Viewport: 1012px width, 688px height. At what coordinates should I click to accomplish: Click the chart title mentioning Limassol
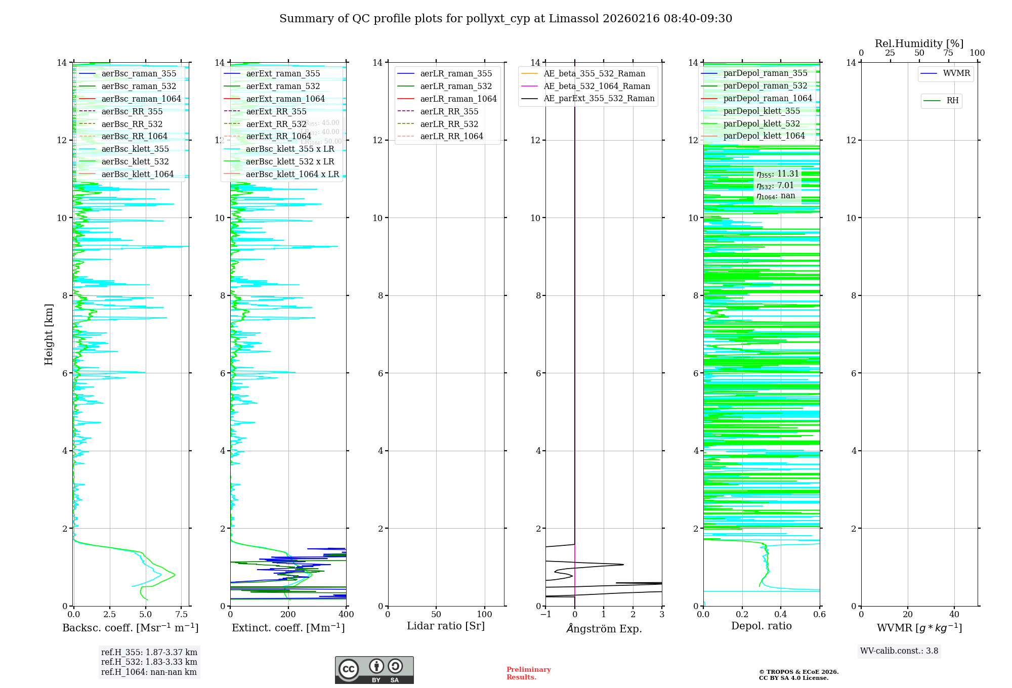[505, 19]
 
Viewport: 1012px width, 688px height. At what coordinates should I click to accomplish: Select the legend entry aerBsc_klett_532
[135, 161]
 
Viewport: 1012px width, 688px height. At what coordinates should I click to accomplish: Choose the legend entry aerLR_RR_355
[449, 111]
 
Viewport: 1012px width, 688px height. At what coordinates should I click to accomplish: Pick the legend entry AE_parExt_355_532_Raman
[599, 99]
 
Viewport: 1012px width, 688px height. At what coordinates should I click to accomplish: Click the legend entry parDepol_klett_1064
[764, 136]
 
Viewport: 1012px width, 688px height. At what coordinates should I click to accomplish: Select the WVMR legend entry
[956, 73]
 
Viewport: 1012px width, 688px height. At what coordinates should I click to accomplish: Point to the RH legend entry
[952, 101]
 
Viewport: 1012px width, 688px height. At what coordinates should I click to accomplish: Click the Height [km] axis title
[49, 334]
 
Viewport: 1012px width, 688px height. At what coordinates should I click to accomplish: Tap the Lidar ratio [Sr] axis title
[446, 626]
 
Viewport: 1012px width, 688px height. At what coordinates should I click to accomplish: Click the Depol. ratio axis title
[761, 626]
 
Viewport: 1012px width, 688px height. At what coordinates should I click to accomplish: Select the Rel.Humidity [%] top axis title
[919, 44]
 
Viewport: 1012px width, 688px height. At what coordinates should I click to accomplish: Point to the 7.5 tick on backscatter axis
[182, 615]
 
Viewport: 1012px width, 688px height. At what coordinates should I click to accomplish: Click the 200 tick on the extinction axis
[288, 615]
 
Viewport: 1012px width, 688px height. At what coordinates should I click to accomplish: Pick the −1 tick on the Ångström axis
[545, 615]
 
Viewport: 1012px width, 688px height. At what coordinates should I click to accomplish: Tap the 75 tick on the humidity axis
[948, 53]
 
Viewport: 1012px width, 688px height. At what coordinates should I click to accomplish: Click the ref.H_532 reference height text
[149, 662]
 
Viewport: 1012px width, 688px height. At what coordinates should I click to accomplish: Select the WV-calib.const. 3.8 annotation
[899, 651]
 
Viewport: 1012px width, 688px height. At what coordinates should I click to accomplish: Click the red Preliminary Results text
[528, 673]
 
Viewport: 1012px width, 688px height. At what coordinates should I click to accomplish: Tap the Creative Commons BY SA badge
[374, 670]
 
